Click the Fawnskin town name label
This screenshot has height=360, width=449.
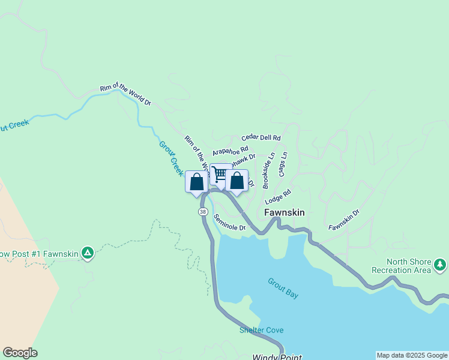285,212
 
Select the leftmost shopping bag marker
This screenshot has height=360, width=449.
196,182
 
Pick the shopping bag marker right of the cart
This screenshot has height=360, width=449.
237,180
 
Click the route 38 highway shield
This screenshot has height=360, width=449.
203,212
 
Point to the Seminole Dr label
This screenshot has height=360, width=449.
230,223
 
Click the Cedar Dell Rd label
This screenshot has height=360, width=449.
261,137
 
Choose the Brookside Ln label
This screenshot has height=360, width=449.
267,163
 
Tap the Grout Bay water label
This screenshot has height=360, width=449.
283,288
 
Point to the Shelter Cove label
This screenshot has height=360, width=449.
261,330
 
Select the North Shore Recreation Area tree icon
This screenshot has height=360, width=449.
440,264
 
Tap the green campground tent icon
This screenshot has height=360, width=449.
88,253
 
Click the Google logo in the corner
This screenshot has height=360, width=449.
20,353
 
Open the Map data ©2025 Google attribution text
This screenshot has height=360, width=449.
412,355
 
